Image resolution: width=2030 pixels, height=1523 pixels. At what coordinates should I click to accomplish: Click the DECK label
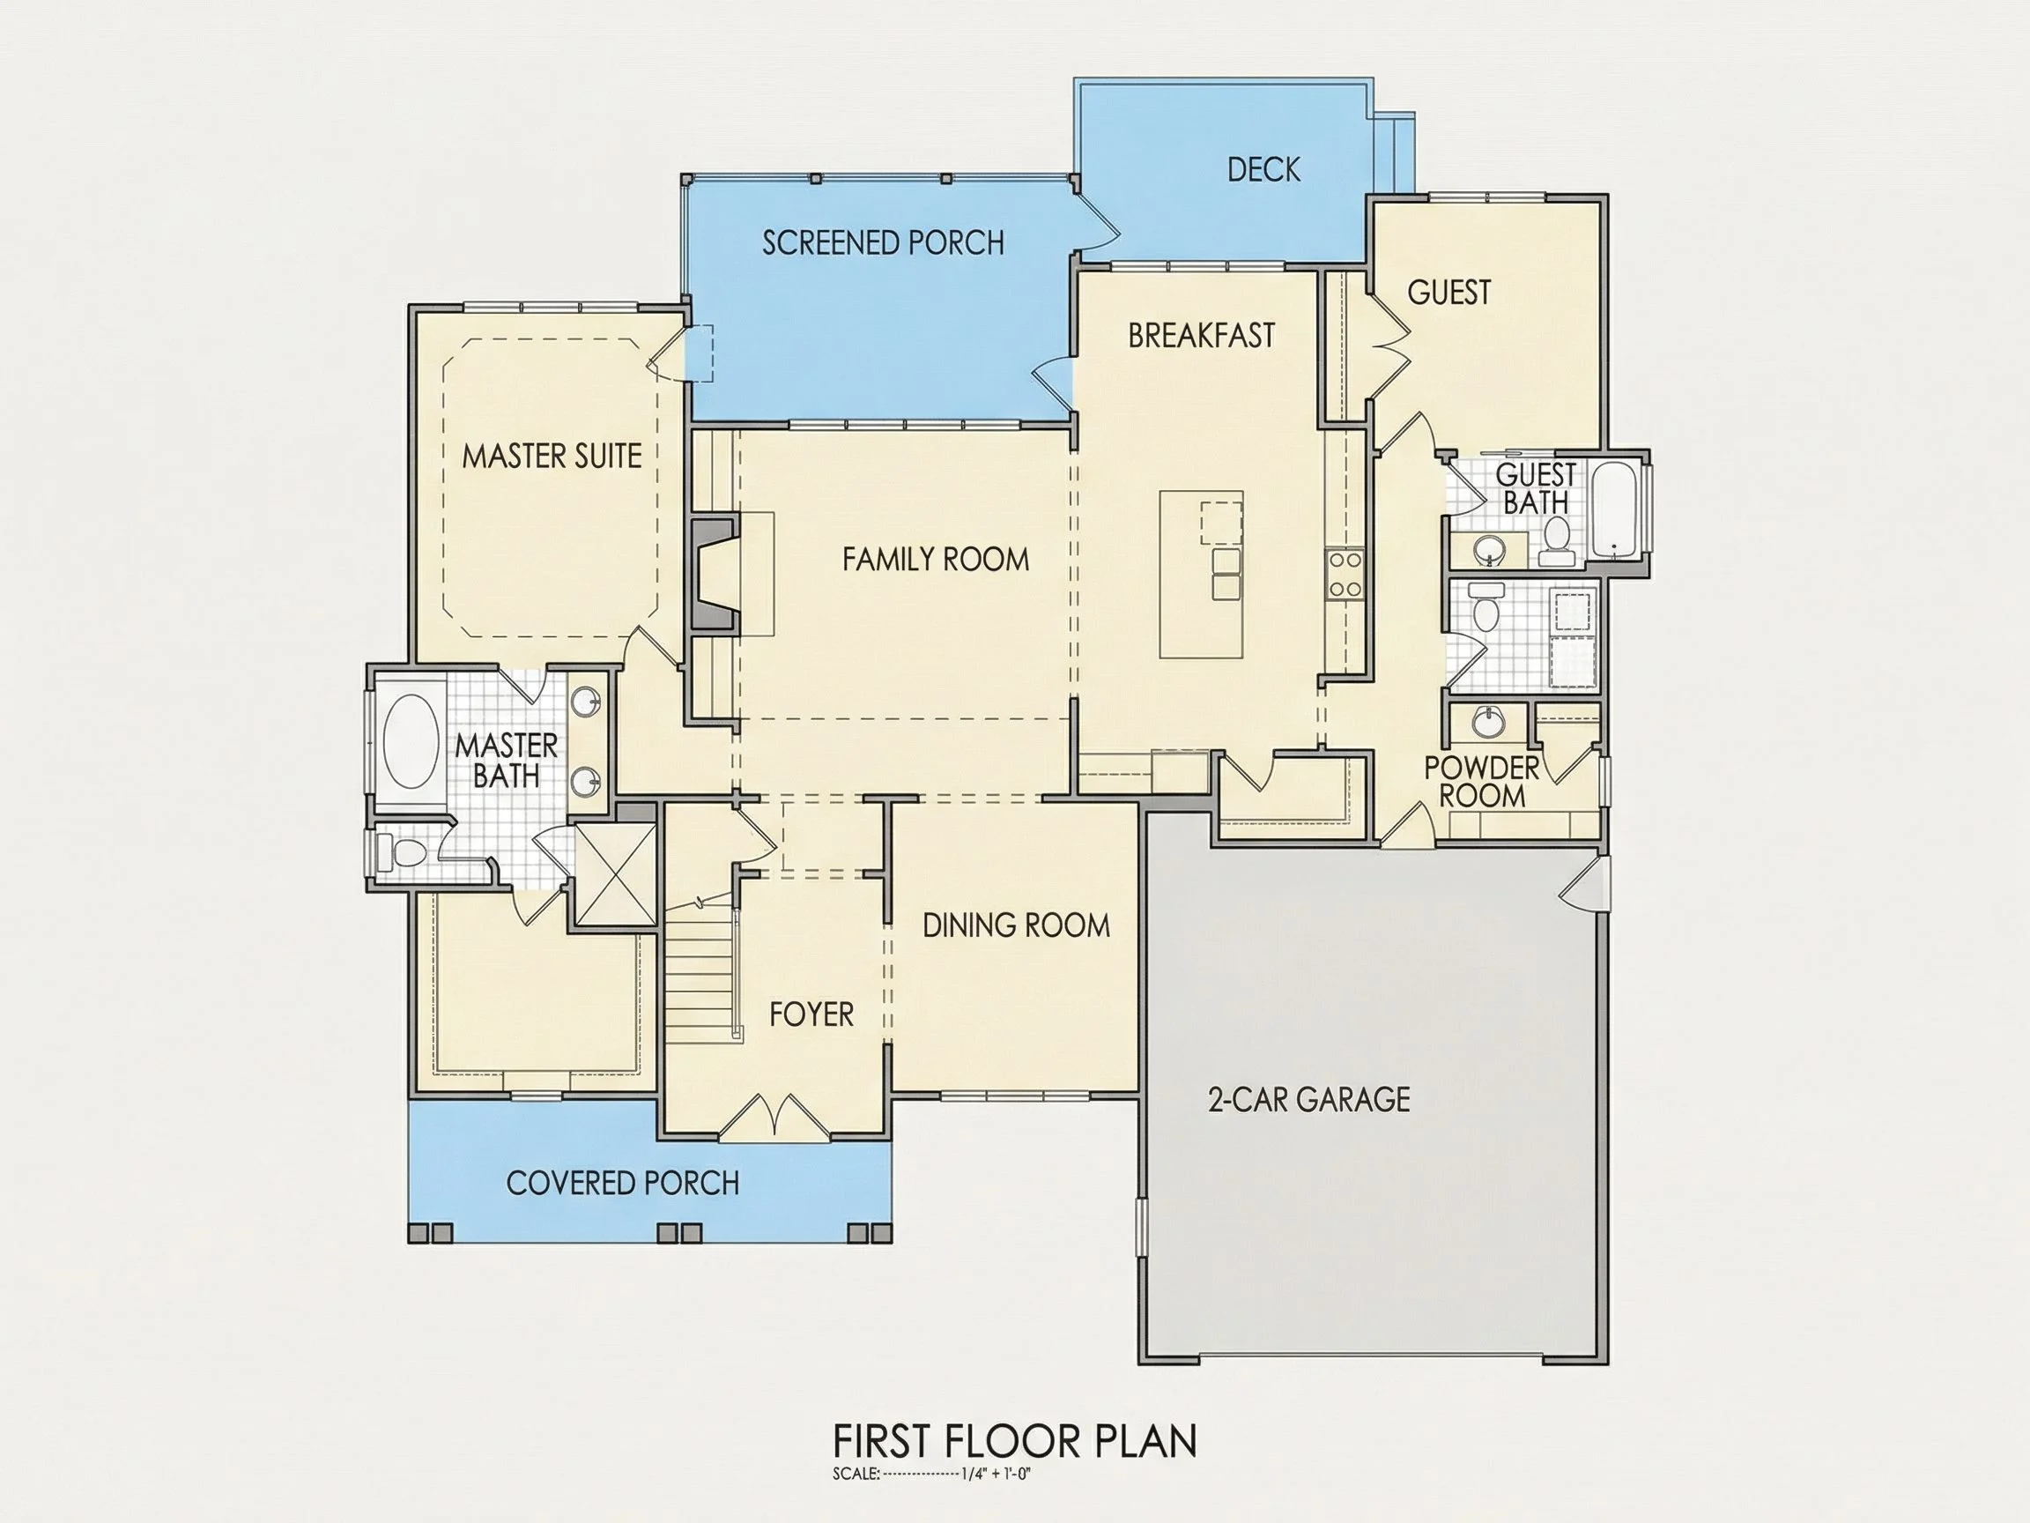pyautogui.click(x=1263, y=169)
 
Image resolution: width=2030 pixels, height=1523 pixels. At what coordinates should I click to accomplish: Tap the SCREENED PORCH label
pyautogui.click(x=883, y=242)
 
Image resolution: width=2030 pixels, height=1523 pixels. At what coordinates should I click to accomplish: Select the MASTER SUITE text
pyautogui.click(x=552, y=457)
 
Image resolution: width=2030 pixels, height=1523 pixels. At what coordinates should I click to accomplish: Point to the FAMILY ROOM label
pyautogui.click(x=935, y=559)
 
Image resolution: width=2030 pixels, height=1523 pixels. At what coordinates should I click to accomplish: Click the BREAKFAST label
pyautogui.click(x=1201, y=336)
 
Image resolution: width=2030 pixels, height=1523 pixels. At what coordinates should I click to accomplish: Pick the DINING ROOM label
pyautogui.click(x=1016, y=925)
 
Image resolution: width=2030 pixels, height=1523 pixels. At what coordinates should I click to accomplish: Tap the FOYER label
pyautogui.click(x=811, y=1014)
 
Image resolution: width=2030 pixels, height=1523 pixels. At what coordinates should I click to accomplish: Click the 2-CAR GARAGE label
pyautogui.click(x=1308, y=1099)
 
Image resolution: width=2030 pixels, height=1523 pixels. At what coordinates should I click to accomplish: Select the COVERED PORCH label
pyautogui.click(x=622, y=1184)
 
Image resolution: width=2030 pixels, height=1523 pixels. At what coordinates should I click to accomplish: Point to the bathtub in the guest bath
pyautogui.click(x=1616, y=509)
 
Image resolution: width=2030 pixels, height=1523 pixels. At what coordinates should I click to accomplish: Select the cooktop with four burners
pyautogui.click(x=1344, y=575)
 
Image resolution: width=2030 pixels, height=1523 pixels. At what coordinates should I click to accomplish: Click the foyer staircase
pyautogui.click(x=701, y=972)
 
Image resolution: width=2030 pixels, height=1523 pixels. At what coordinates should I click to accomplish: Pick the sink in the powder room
pyautogui.click(x=1487, y=722)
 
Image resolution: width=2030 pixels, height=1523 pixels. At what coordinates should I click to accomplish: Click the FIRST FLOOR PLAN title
pyautogui.click(x=1015, y=1441)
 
